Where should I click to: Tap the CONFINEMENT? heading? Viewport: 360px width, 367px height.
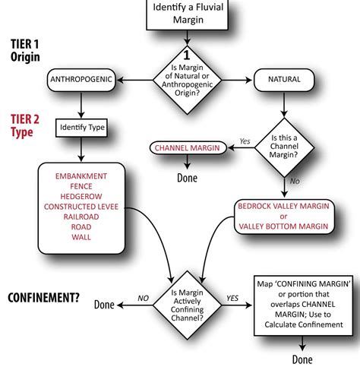[x=43, y=297]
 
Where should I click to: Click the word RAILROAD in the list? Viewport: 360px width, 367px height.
[x=81, y=217]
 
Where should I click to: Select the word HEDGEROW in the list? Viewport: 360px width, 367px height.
[x=81, y=196]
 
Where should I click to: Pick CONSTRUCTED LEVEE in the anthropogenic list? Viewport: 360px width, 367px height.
[x=81, y=206]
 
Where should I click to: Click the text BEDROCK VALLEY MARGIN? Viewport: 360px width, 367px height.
[x=283, y=205]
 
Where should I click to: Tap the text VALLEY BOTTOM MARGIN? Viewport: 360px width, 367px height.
[x=283, y=226]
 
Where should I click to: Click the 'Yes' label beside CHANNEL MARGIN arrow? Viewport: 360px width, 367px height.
[x=244, y=141]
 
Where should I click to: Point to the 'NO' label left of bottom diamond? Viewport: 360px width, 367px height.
[x=142, y=298]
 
